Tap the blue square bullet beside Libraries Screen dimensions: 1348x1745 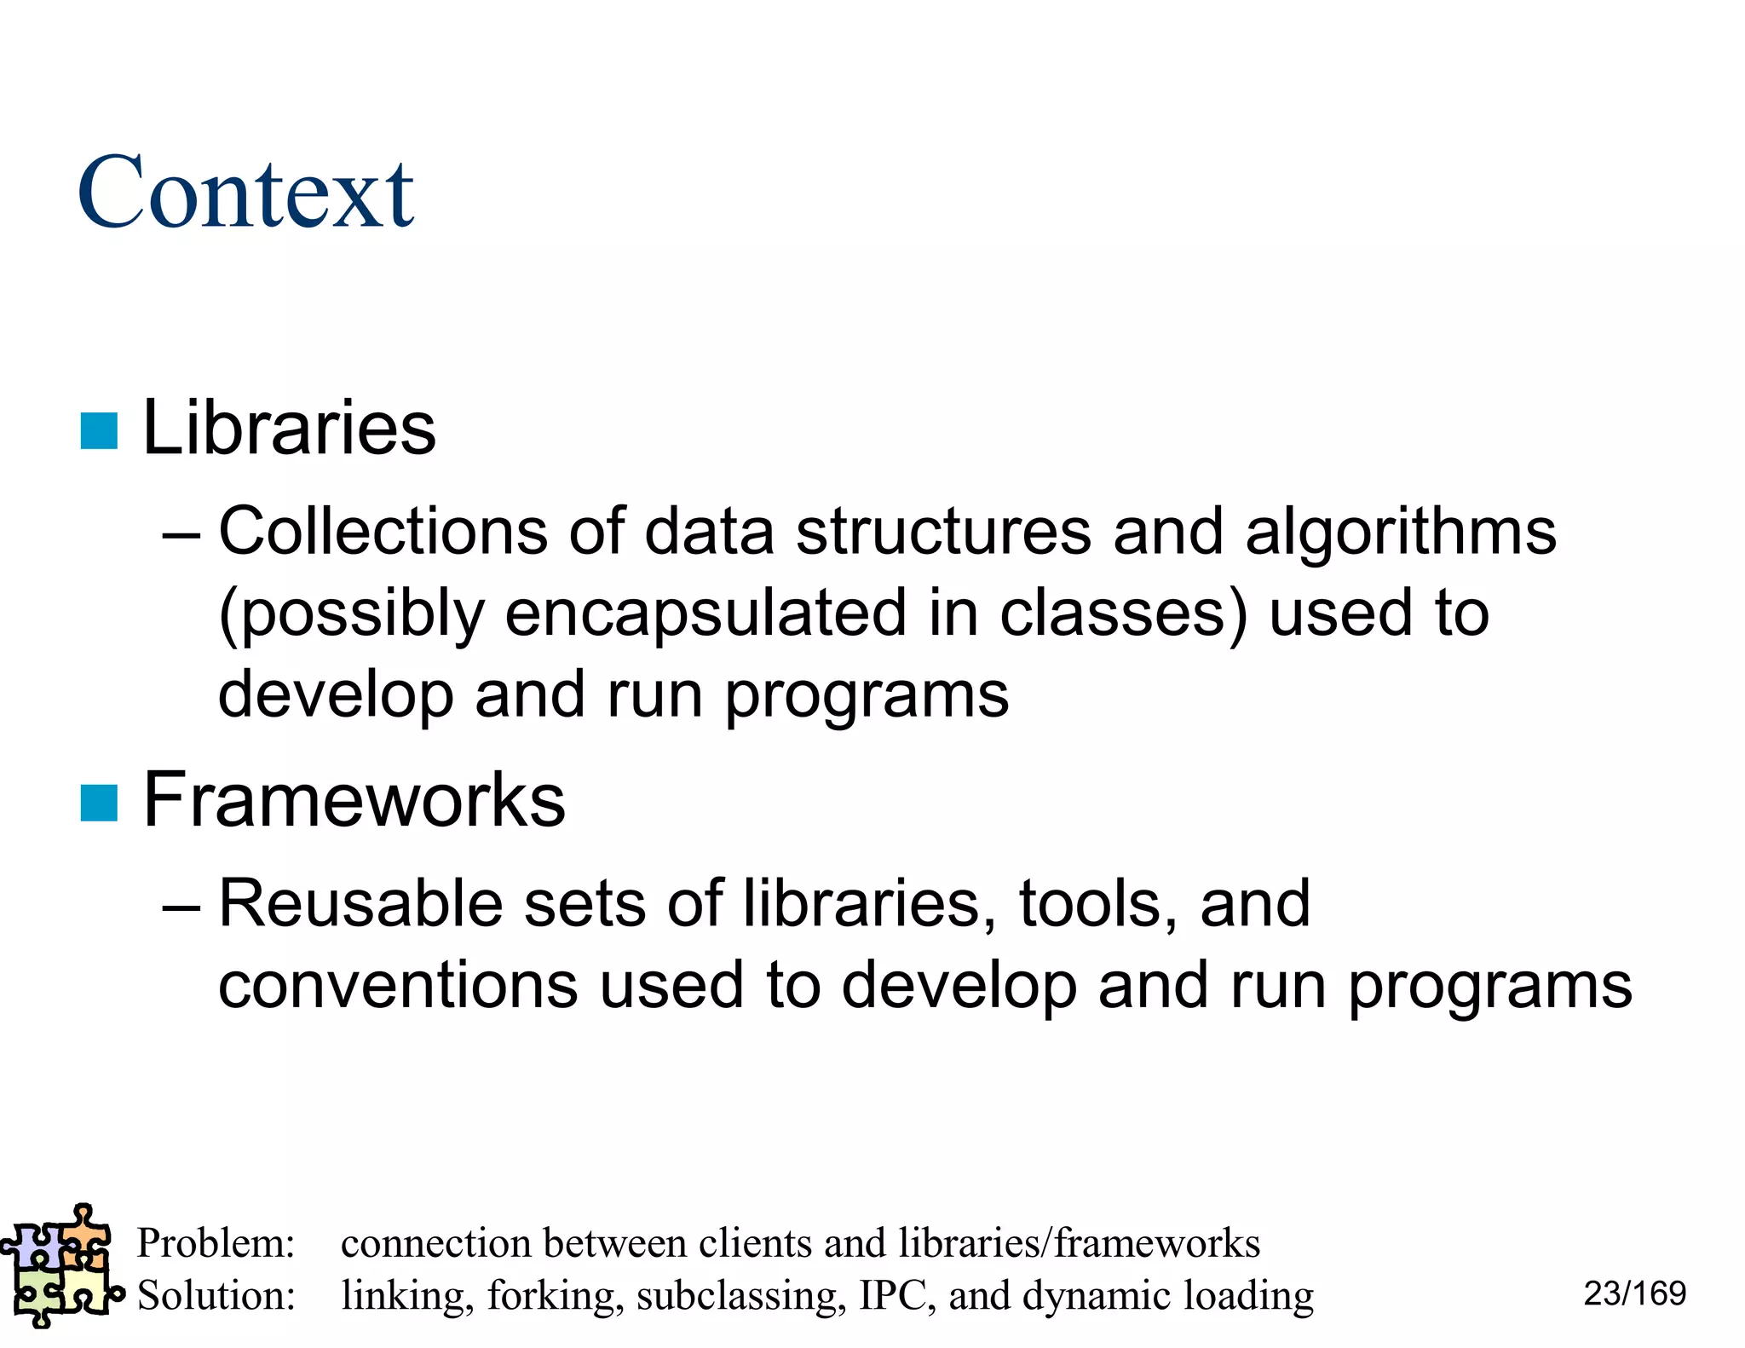(x=99, y=430)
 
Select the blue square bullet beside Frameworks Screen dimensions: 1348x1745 (x=99, y=803)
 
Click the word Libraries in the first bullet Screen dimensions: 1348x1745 (x=289, y=428)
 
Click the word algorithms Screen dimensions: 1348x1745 (x=1400, y=533)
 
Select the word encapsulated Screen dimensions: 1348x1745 (x=705, y=614)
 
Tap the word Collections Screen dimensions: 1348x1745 (x=383, y=531)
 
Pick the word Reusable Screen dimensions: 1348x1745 (x=360, y=903)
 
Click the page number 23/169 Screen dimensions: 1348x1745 (x=1634, y=1293)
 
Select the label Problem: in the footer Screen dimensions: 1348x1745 (x=216, y=1243)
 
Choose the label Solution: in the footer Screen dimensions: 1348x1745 (x=216, y=1295)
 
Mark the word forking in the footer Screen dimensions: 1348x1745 (x=550, y=1297)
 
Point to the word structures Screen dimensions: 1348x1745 (x=943, y=533)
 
